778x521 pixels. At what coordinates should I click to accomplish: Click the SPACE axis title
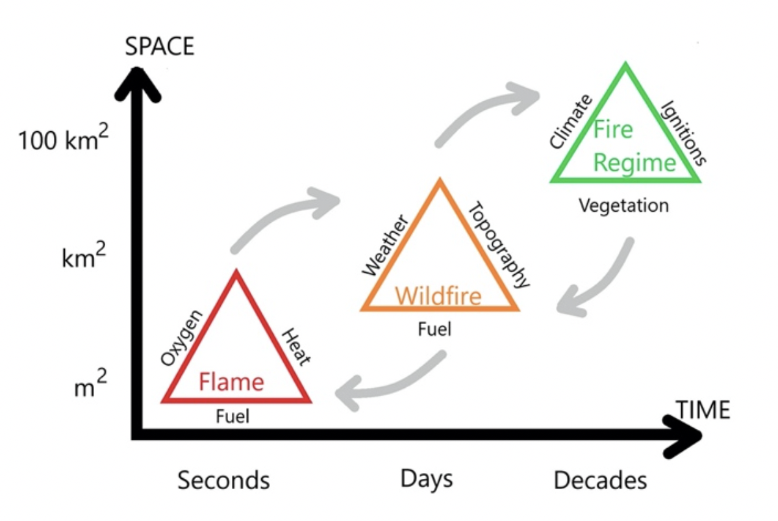pyautogui.click(x=159, y=47)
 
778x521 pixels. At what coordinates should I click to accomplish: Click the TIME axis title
pyautogui.click(x=703, y=410)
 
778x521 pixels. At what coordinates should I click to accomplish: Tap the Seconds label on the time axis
pyautogui.click(x=223, y=481)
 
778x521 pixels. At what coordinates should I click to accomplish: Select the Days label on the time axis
pyautogui.click(x=426, y=479)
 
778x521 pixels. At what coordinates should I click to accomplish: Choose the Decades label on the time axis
pyautogui.click(x=600, y=481)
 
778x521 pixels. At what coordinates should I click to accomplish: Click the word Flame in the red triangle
pyautogui.click(x=231, y=381)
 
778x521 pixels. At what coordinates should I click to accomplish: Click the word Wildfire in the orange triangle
pyautogui.click(x=438, y=296)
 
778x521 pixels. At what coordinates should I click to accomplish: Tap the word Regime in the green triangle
pyautogui.click(x=634, y=162)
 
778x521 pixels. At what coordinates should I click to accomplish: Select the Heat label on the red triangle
pyautogui.click(x=296, y=347)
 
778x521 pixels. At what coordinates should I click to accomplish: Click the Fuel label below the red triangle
pyautogui.click(x=232, y=416)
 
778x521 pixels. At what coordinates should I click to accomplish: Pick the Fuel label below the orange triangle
pyautogui.click(x=434, y=329)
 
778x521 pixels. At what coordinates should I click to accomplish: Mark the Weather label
pyautogui.click(x=384, y=246)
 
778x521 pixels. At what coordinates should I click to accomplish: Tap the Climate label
pyautogui.click(x=570, y=121)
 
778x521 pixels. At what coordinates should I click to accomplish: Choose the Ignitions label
pyautogui.click(x=682, y=133)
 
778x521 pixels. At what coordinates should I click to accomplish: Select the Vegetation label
pyautogui.click(x=623, y=206)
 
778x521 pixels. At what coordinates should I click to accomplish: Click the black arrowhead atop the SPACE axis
pyautogui.click(x=137, y=81)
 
